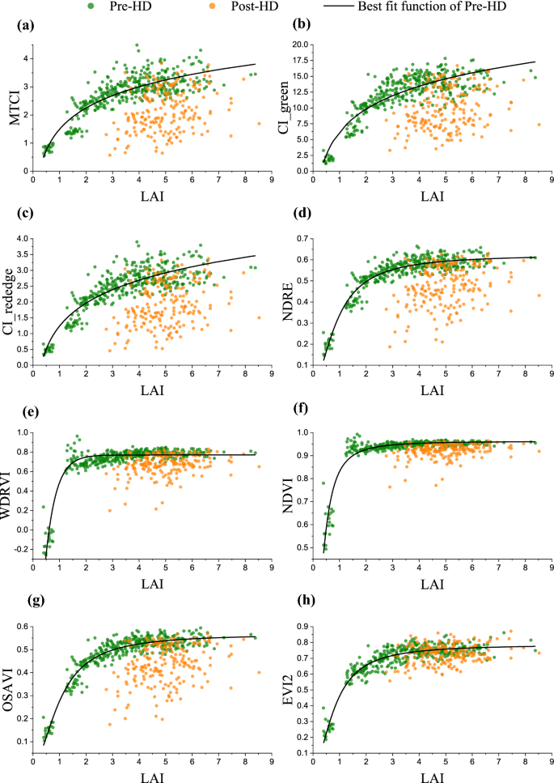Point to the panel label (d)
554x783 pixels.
pos(302,216)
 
